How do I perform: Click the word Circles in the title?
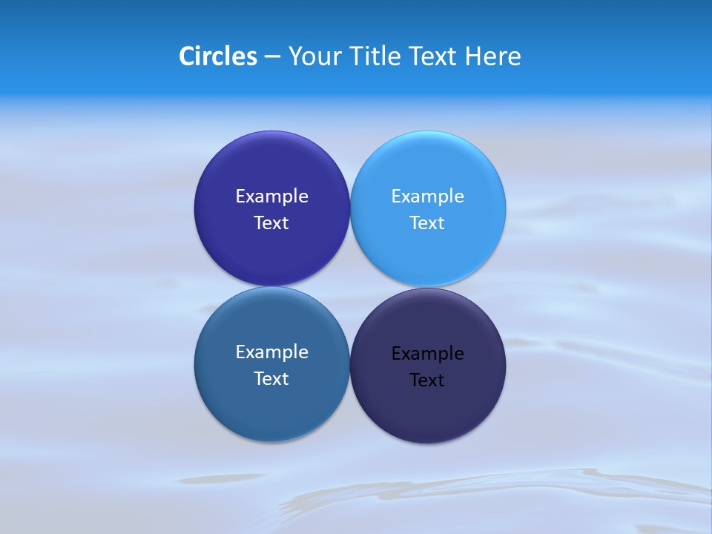(x=217, y=56)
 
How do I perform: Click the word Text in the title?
(x=434, y=56)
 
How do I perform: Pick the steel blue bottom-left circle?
(x=271, y=408)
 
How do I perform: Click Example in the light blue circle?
(x=427, y=197)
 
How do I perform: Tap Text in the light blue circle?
(x=427, y=223)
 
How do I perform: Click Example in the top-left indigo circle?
(x=271, y=197)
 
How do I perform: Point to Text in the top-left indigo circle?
(x=271, y=223)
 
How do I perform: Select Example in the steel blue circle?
(x=271, y=352)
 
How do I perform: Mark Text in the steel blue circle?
(x=271, y=379)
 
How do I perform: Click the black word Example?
(x=427, y=354)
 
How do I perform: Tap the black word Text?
(x=427, y=380)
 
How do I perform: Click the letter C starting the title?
(x=187, y=56)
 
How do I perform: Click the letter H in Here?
(x=472, y=56)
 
